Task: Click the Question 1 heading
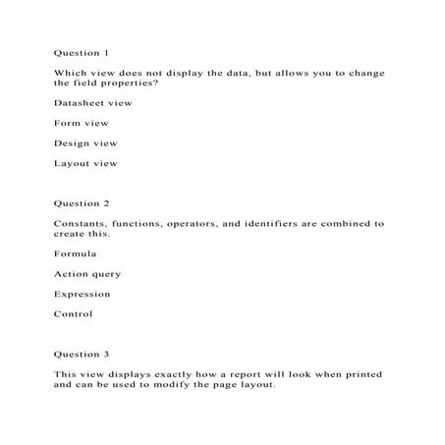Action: (82, 51)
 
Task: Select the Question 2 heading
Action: (82, 203)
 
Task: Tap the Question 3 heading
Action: (82, 354)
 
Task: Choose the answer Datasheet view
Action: (93, 102)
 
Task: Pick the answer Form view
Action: (82, 123)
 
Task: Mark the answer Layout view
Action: (85, 163)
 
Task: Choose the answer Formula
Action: (76, 253)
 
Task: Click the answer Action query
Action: (88, 274)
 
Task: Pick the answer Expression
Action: (83, 294)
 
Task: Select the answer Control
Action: (74, 314)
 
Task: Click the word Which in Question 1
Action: (70, 73)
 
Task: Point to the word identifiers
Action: (270, 224)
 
